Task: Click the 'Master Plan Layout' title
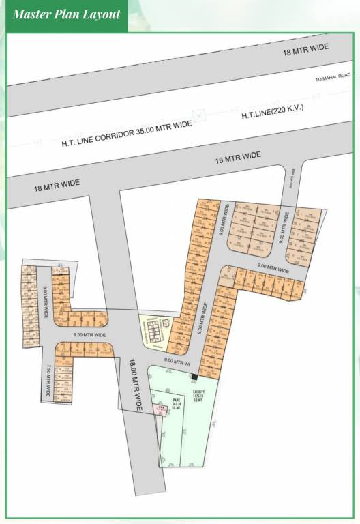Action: pos(66,14)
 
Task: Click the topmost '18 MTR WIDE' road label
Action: pos(305,50)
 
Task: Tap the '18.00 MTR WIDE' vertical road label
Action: pos(134,385)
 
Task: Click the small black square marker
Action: pos(194,377)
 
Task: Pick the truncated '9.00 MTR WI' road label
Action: pos(177,360)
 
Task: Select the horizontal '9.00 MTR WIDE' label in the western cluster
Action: pos(90,335)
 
